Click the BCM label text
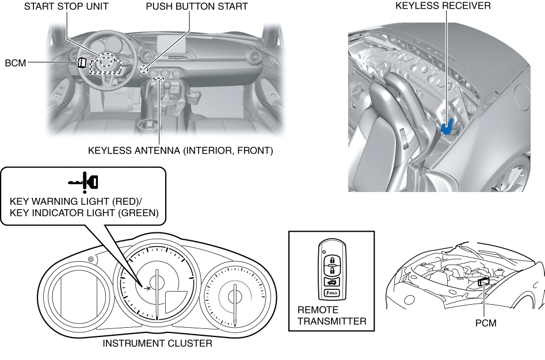pyautogui.click(x=16, y=63)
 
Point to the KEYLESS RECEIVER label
pyautogui.click(x=435, y=6)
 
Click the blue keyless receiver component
pyautogui.click(x=448, y=124)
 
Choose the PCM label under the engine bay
pyautogui.click(x=486, y=323)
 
